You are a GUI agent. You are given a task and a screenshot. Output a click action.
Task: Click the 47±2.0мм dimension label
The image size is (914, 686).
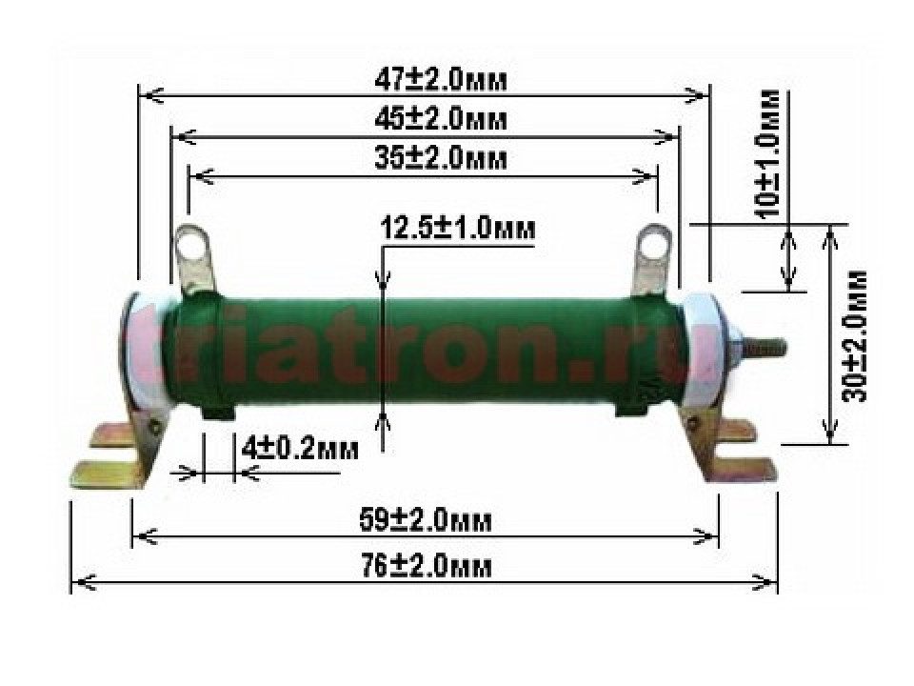point(440,81)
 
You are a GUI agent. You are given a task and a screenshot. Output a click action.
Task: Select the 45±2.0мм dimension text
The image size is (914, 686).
point(440,120)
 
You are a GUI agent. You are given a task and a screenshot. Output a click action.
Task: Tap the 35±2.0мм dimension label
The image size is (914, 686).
point(440,158)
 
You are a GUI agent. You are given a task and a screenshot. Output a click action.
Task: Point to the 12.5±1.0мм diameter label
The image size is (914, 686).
point(458,228)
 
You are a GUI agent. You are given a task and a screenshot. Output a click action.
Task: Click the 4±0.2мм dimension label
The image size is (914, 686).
point(300,449)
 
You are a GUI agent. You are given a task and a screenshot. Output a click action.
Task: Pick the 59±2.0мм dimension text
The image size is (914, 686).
point(425,521)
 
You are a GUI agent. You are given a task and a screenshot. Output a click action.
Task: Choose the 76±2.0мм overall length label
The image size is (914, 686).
point(427,566)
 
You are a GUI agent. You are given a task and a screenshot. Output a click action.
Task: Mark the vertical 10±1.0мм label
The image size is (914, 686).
point(770,152)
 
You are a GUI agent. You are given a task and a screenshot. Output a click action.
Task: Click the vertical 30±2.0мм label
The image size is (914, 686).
point(855,336)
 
